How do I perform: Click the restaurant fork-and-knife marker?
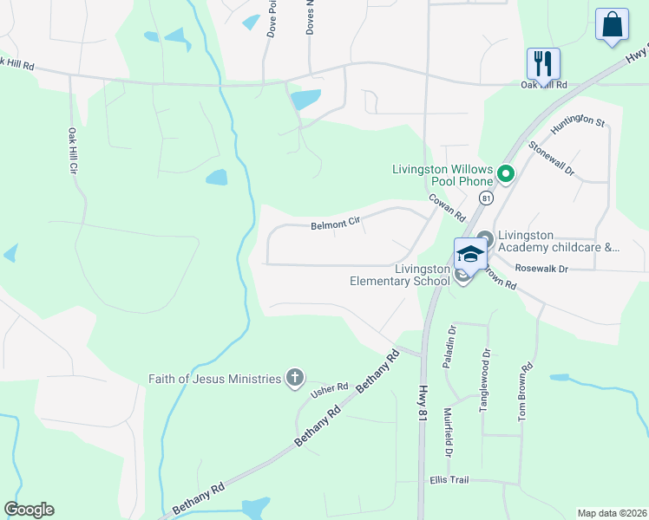543,63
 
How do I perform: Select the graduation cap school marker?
469,253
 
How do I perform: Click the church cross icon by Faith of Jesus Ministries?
295,378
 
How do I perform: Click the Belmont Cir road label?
336,224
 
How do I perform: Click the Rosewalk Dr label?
541,269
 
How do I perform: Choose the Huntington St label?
577,120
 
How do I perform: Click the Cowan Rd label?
449,206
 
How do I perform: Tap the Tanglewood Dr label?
485,380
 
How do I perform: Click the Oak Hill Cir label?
72,152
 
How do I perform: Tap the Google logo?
29,510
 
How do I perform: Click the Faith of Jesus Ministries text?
215,379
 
